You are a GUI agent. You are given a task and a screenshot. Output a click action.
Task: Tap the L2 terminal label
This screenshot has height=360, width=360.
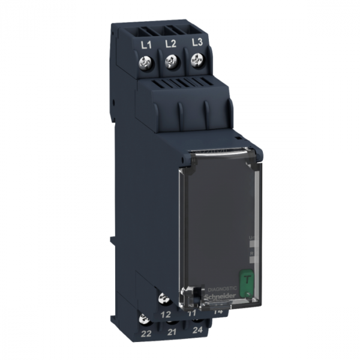170,44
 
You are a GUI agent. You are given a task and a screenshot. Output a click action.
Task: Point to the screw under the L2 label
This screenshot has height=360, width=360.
172,60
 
